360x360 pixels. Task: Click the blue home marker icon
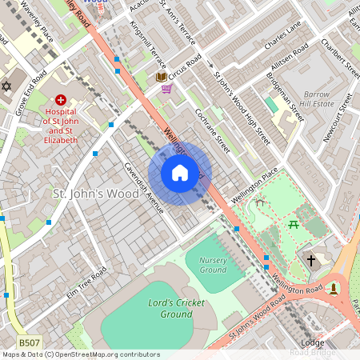point(180,173)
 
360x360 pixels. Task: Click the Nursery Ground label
point(213,265)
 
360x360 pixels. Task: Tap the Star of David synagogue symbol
point(8,86)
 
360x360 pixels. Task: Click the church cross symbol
point(311,260)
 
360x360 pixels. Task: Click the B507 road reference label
point(30,342)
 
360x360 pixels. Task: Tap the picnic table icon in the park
point(294,225)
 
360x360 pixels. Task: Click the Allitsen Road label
point(290,61)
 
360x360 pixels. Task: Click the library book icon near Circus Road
point(162,77)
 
